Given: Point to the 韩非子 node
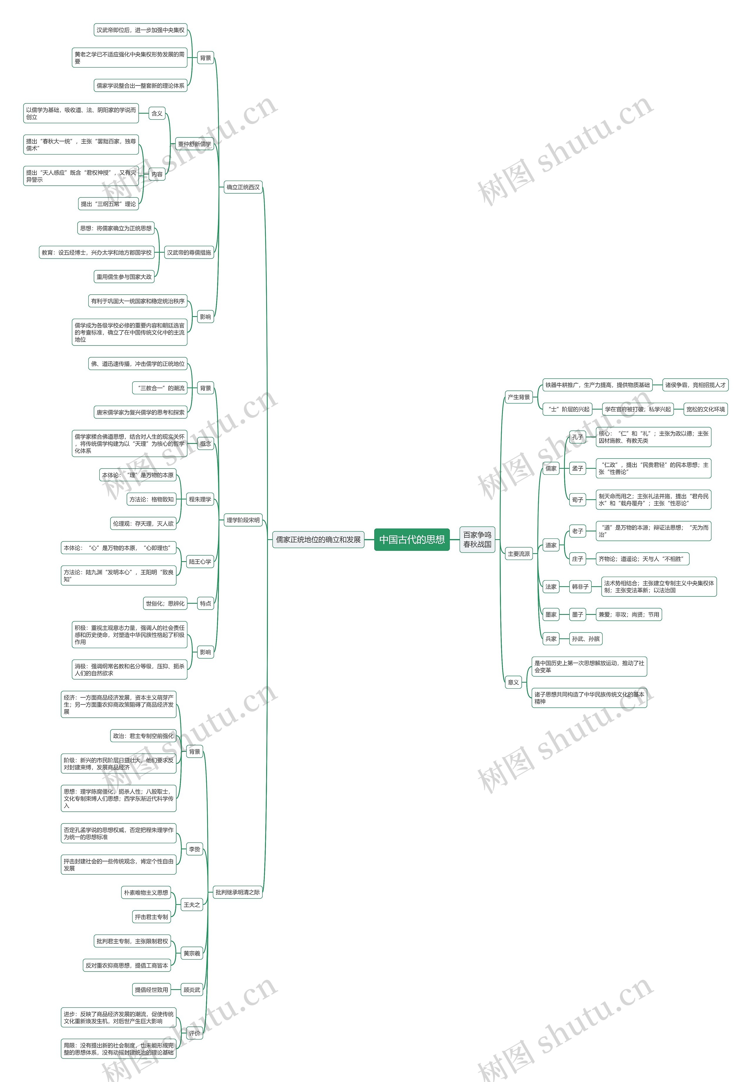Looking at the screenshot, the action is tap(580, 587).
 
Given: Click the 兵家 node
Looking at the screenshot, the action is tap(551, 639).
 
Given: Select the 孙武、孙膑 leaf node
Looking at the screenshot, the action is tap(586, 639).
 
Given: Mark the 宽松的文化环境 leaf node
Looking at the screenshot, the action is tap(705, 409).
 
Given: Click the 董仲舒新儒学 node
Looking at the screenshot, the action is tap(194, 144).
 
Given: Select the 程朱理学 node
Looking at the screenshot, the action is tap(200, 499).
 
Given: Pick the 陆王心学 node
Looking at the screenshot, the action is tap(200, 562).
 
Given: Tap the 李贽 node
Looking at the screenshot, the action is tap(194, 849).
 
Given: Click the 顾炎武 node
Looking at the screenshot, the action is tap(192, 990).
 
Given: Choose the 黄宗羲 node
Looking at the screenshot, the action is tap(192, 953).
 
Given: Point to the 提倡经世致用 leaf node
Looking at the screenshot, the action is tap(151, 990).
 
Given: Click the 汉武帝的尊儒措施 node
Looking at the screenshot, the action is tap(189, 253).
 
